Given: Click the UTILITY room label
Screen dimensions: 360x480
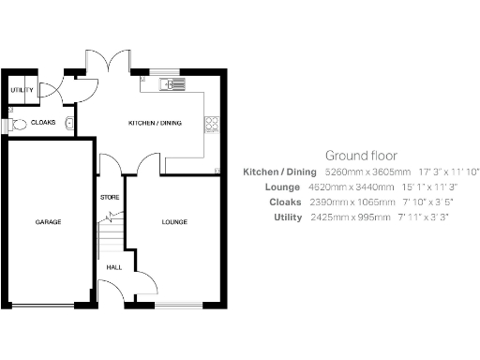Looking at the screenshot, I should pyautogui.click(x=21, y=90).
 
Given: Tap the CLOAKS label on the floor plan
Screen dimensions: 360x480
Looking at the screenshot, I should pyautogui.click(x=43, y=123).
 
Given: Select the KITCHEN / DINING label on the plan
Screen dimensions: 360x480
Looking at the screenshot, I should pyautogui.click(x=155, y=123).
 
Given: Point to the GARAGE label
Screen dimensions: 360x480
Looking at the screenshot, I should pyautogui.click(x=48, y=222).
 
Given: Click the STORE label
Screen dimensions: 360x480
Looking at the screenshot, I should pyautogui.click(x=110, y=198).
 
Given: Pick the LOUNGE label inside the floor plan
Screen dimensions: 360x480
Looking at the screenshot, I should pyautogui.click(x=173, y=222).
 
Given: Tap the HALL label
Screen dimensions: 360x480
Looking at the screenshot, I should pyautogui.click(x=113, y=267).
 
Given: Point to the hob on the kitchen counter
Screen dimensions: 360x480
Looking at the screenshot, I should pyautogui.click(x=213, y=123).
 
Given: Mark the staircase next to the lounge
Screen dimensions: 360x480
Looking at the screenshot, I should pyautogui.click(x=110, y=234).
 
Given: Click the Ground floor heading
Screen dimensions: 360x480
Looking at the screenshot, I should pyautogui.click(x=361, y=156).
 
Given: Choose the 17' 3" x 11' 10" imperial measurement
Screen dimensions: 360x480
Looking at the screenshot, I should pyautogui.click(x=449, y=172).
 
